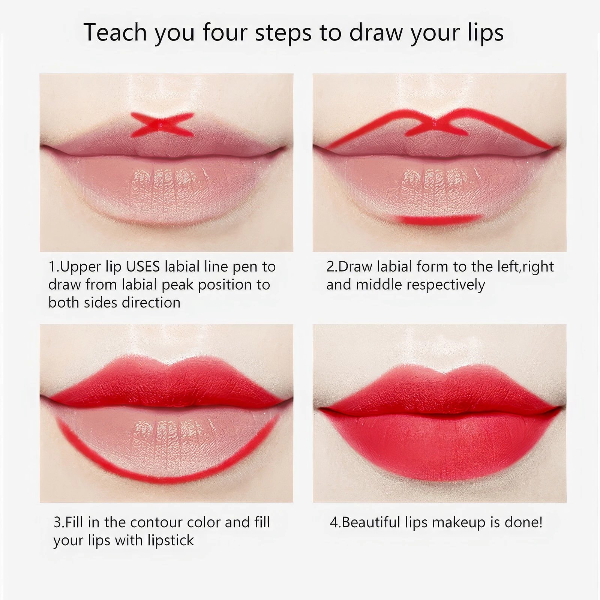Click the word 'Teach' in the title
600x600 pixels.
[x=115, y=33]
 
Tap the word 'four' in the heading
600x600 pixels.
[x=225, y=33]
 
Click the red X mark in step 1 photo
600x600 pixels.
[x=162, y=124]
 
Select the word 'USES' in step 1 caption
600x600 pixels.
[x=144, y=267]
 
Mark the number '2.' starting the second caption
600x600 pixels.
[x=332, y=267]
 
